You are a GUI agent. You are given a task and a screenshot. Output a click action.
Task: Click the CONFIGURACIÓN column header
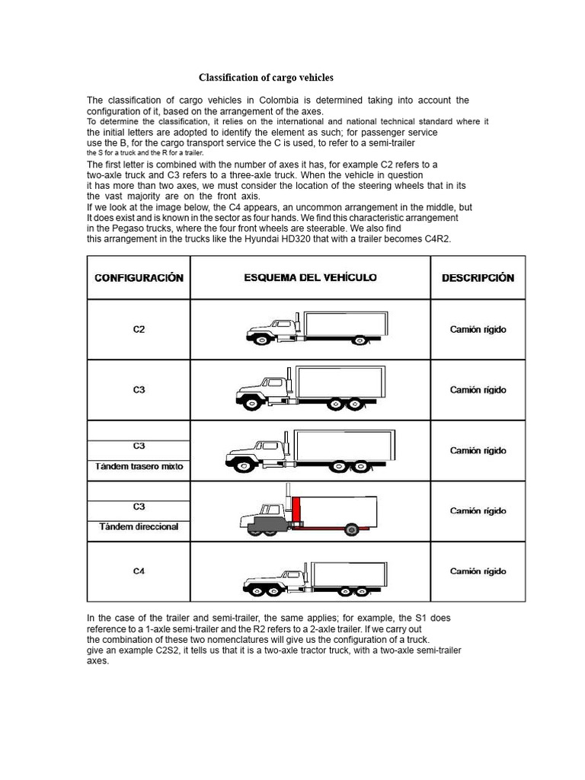pyautogui.click(x=139, y=278)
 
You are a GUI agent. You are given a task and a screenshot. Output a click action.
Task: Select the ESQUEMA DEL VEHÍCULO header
pyautogui.click(x=310, y=278)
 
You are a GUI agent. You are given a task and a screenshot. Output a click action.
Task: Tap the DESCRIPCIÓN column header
pyautogui.click(x=478, y=278)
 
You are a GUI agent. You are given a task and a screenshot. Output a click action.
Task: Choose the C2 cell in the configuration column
pyautogui.click(x=139, y=330)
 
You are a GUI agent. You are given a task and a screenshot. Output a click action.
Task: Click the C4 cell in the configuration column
pyautogui.click(x=139, y=571)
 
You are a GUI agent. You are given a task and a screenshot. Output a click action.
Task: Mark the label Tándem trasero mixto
pyautogui.click(x=139, y=466)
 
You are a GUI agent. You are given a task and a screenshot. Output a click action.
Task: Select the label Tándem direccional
pyautogui.click(x=139, y=526)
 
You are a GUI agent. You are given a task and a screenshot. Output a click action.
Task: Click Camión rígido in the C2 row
pyautogui.click(x=478, y=330)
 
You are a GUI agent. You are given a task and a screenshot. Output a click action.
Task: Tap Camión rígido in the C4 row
pyautogui.click(x=478, y=571)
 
